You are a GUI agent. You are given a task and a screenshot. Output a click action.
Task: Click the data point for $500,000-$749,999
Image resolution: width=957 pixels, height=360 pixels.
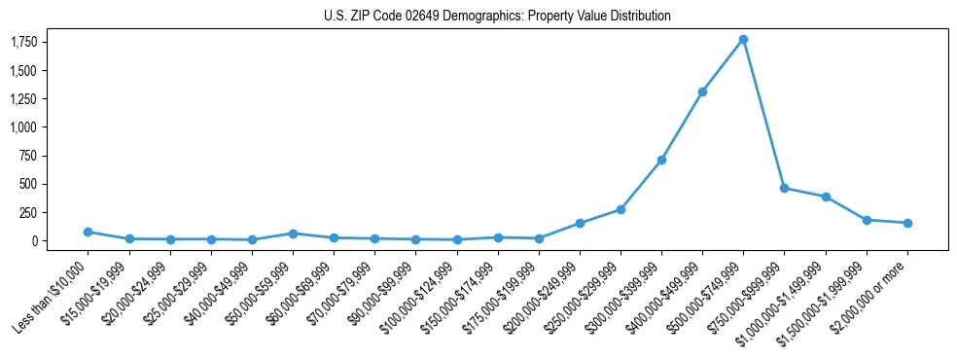[x=743, y=39]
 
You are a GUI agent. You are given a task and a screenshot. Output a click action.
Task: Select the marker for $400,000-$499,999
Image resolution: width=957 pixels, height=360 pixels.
[x=702, y=91]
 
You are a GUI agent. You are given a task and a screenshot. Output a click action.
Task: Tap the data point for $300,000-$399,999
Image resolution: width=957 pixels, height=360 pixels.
[x=661, y=160]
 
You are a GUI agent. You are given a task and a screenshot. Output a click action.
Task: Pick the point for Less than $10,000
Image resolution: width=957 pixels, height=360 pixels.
[x=88, y=232]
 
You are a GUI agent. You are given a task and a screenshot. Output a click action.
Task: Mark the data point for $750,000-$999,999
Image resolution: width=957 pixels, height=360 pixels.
[x=784, y=188]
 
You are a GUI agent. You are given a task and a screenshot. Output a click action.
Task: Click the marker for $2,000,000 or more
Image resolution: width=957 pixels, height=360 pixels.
[x=907, y=223]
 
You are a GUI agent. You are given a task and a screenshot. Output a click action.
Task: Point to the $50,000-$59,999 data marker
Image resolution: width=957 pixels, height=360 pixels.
[x=293, y=234]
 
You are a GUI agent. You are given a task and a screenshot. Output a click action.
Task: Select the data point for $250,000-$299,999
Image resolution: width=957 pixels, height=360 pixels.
[x=620, y=209]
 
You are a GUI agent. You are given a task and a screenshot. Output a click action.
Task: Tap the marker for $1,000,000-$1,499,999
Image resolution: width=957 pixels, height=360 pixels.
[x=826, y=197]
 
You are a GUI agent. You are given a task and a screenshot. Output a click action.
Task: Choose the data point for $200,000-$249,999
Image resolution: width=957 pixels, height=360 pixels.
[x=580, y=223]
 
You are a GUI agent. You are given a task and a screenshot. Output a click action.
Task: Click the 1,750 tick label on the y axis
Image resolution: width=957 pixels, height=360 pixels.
[x=24, y=42]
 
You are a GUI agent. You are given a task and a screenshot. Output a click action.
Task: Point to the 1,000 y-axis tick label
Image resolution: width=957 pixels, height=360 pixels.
[x=24, y=127]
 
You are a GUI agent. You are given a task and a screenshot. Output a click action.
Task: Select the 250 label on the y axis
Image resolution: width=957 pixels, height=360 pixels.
[x=29, y=212]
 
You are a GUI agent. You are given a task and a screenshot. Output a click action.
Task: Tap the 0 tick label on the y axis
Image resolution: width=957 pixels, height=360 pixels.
[x=35, y=240]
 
